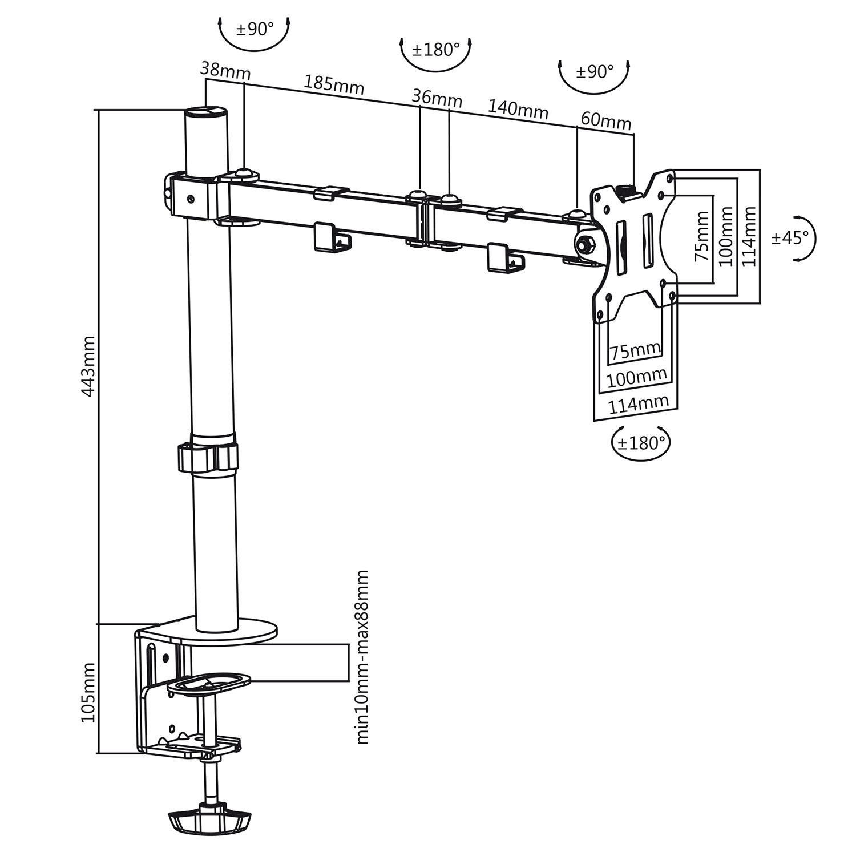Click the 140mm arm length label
(517, 108)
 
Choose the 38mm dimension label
(225, 71)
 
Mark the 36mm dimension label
(437, 98)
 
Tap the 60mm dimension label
(605, 121)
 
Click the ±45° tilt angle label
(790, 237)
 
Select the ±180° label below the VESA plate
(641, 442)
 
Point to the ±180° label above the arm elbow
(435, 50)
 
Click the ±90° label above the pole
(255, 29)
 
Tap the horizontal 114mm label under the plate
(637, 405)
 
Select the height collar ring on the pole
(208, 455)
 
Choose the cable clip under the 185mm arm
(331, 237)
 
